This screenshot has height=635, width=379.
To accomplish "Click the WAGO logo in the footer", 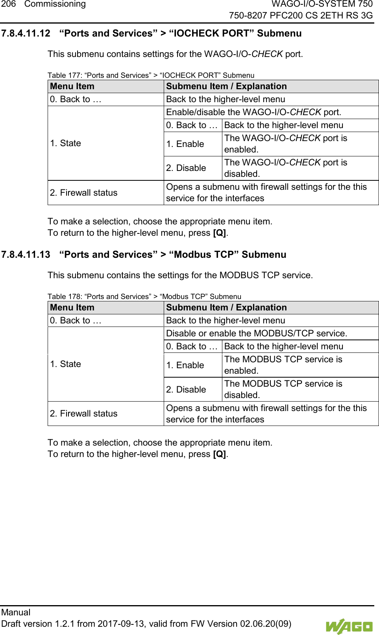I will click(349, 626).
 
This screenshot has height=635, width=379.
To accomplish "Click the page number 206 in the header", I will click(8, 4).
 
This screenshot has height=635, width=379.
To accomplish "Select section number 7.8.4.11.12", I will click(26, 33).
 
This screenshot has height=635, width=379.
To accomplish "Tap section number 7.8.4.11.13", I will click(26, 255).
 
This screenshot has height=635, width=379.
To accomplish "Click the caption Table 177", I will click(151, 75).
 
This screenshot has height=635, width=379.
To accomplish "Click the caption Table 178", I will click(144, 296).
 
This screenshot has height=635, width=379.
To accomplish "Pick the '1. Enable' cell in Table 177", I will click(185, 144).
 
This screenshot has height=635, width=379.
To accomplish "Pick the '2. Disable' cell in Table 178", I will click(186, 389).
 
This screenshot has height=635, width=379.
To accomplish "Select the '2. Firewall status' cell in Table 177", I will click(84, 193).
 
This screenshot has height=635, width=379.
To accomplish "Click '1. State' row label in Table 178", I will click(66, 364).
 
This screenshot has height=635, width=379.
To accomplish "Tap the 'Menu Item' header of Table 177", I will click(72, 86).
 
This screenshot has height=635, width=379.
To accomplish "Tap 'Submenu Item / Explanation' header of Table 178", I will click(226, 308).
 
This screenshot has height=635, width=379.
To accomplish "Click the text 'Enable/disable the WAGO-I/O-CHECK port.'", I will click(253, 112).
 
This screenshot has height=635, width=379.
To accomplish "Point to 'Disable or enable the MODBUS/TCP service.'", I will click(257, 334).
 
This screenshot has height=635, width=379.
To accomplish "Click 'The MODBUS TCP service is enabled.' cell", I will click(283, 365).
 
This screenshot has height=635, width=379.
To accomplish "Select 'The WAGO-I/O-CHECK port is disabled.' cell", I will click(285, 168).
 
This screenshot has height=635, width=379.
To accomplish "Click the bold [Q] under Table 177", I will click(219, 233).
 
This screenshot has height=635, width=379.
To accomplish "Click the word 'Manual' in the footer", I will click(16, 612).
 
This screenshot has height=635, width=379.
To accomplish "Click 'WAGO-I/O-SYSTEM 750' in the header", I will click(322, 4).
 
